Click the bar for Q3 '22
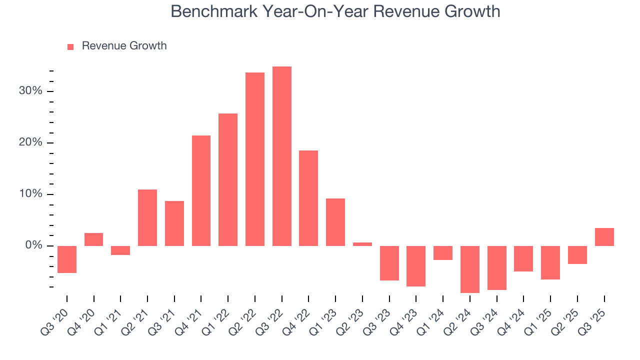click(x=281, y=156)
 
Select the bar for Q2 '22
click(x=255, y=159)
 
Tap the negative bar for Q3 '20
click(x=67, y=259)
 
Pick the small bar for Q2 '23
click(x=362, y=244)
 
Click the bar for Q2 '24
click(x=470, y=269)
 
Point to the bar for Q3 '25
click(x=604, y=237)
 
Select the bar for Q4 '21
click(x=201, y=190)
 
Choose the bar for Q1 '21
click(x=120, y=250)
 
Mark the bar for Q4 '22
click(x=308, y=198)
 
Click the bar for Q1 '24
click(x=443, y=253)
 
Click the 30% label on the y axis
click(x=31, y=91)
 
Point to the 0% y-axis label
click(x=33, y=246)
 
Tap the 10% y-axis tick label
click(x=31, y=194)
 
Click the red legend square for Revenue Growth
click(x=70, y=47)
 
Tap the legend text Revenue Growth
click(x=124, y=46)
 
